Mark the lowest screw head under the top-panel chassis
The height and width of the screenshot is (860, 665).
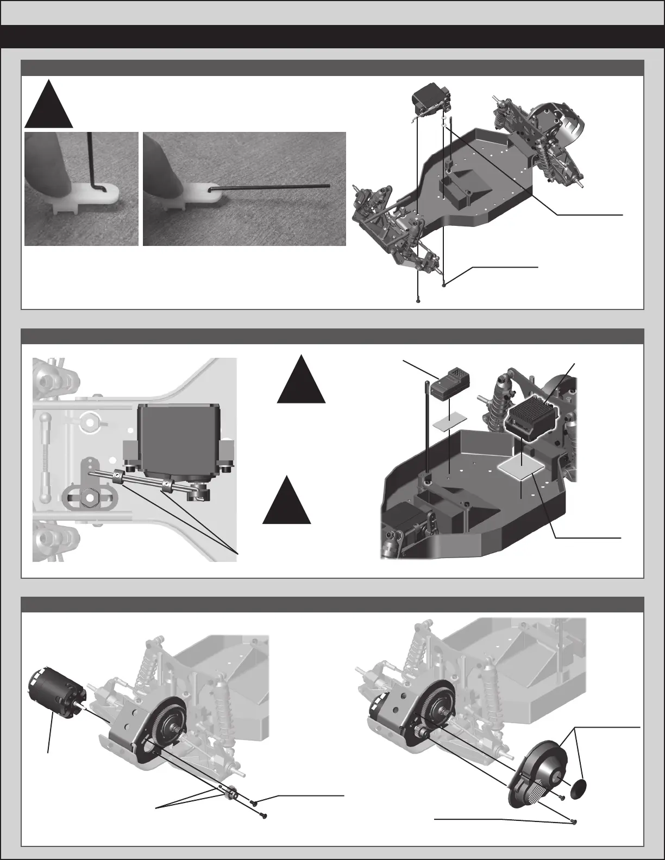419,300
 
